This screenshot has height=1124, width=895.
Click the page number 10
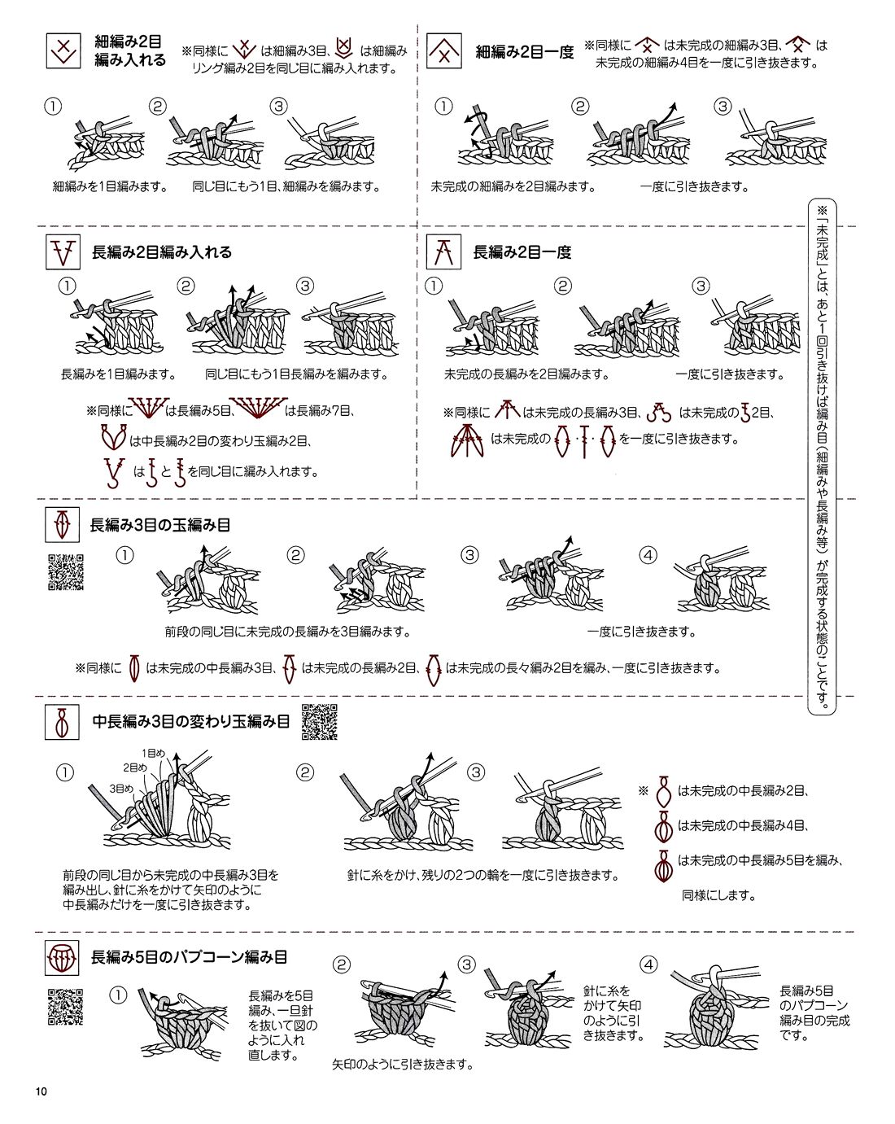coord(41,1091)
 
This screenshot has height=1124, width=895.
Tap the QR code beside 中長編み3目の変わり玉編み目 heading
coord(320,722)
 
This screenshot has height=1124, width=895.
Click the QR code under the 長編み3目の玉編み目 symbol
coord(66,572)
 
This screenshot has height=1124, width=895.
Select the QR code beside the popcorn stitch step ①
coord(66,1007)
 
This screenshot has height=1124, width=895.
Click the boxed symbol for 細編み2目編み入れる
coord(63,50)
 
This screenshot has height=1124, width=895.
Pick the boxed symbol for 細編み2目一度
coord(444,50)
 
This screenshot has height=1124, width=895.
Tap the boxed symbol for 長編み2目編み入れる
coord(63,251)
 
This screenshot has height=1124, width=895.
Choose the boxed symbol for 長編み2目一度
coord(444,251)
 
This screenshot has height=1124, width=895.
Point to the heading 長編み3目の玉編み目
coord(160,525)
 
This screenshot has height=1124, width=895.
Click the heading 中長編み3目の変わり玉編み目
coord(191,721)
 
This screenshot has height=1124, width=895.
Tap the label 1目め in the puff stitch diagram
coord(153,753)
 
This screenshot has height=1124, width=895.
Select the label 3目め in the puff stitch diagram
coord(121,789)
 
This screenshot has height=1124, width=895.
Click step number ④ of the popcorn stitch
coord(648,964)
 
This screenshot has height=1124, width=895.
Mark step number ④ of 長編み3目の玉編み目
coord(648,555)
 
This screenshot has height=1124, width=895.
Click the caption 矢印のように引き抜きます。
coord(403,1064)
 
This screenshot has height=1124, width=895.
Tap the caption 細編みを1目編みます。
coord(110,186)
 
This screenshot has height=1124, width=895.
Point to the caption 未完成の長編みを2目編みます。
coord(527,374)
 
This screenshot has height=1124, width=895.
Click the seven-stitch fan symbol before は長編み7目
coord(258,409)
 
